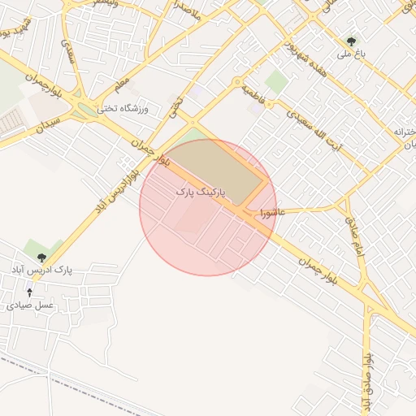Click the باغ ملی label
click(353, 54)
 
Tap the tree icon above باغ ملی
click(352, 40)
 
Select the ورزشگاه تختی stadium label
click(119, 108)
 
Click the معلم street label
click(121, 82)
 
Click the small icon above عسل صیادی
click(30, 292)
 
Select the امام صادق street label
click(357, 238)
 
